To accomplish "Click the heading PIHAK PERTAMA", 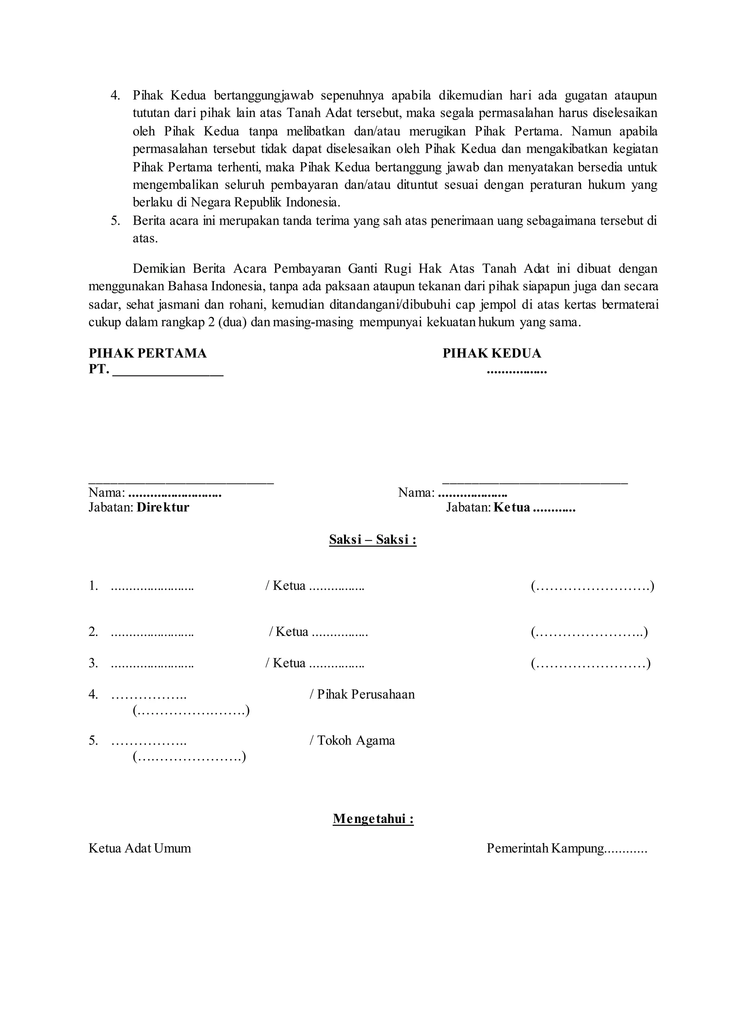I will (148, 353).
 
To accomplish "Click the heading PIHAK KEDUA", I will (491, 353).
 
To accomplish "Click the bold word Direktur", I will (163, 508).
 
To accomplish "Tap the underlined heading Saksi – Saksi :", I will (373, 539).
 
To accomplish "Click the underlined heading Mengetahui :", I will (373, 819).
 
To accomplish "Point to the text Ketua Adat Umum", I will (140, 848).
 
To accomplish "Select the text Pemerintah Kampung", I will (545, 848).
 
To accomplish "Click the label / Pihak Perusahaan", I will (362, 694).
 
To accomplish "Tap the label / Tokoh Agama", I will (352, 741).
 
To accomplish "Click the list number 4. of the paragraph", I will (115, 95).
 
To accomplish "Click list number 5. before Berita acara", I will (115, 221).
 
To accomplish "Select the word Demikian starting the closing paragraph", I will (159, 269).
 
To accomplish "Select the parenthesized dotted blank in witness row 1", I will (593, 586).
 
